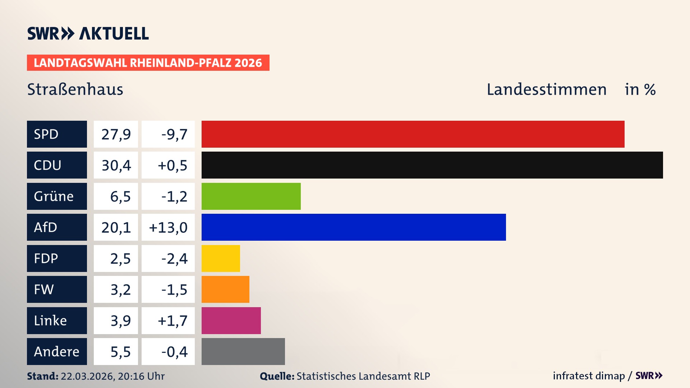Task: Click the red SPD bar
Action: pos(413,134)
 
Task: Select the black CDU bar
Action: pos(432,165)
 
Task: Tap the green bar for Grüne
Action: pos(251,196)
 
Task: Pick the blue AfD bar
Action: pos(354,227)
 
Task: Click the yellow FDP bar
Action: pos(221,258)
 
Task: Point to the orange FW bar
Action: pos(225,289)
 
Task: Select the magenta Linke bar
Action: pos(231,320)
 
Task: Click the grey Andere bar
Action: pos(243,351)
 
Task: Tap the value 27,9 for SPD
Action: pos(116,134)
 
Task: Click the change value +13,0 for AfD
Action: pos(168,227)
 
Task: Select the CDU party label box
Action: pos(57,165)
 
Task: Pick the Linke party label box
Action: pos(57,320)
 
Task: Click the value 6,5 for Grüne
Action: pos(120,197)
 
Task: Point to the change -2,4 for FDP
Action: pos(174,259)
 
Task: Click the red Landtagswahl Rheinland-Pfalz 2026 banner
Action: pos(148,63)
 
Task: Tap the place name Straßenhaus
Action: pos(75,89)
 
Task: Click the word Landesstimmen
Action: pos(546,89)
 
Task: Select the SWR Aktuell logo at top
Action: pos(88,33)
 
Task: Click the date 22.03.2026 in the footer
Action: pos(87,376)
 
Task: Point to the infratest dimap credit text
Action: pos(588,376)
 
